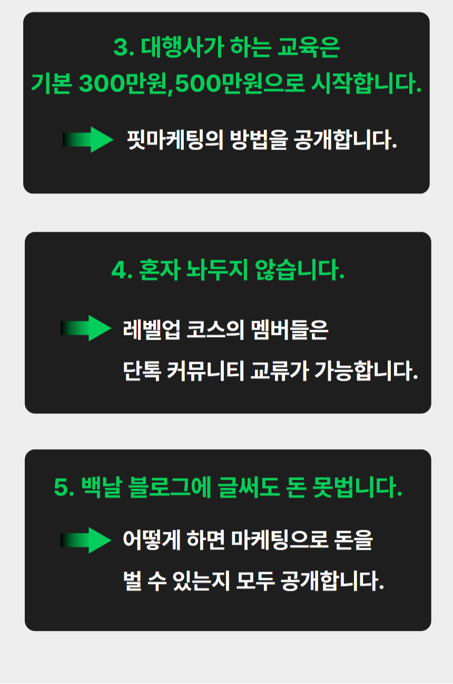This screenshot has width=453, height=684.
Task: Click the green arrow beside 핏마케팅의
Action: click(x=88, y=140)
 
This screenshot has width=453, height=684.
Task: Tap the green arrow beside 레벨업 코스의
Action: click(x=86, y=328)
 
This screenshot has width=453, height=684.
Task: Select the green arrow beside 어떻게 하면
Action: click(x=86, y=540)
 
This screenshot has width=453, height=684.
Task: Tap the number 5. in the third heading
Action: click(x=65, y=488)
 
